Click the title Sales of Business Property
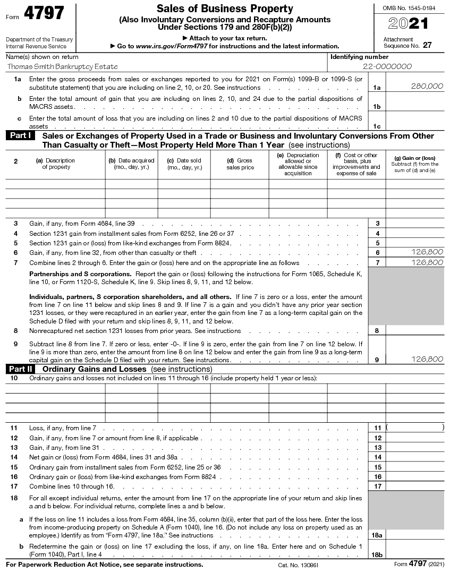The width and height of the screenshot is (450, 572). click(225, 8)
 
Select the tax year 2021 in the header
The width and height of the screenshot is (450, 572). click(407, 24)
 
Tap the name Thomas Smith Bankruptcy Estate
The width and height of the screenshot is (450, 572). click(62, 67)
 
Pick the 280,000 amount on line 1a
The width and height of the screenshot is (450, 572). click(427, 86)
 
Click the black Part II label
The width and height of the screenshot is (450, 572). click(22, 369)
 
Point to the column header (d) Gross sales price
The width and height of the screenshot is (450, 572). click(240, 164)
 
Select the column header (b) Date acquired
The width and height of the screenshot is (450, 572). click(131, 164)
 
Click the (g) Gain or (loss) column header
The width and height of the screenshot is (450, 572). click(415, 164)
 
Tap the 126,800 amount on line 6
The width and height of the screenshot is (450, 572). click(427, 252)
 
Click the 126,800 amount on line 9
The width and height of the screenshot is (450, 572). click(427, 360)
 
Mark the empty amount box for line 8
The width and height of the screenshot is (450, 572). click(415, 330)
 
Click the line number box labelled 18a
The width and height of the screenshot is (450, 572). click(377, 535)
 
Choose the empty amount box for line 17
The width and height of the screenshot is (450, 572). click(415, 486)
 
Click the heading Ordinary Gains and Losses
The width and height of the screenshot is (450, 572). click(94, 369)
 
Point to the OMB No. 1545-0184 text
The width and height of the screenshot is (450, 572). click(407, 7)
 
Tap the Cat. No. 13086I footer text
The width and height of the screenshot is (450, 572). click(298, 565)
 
